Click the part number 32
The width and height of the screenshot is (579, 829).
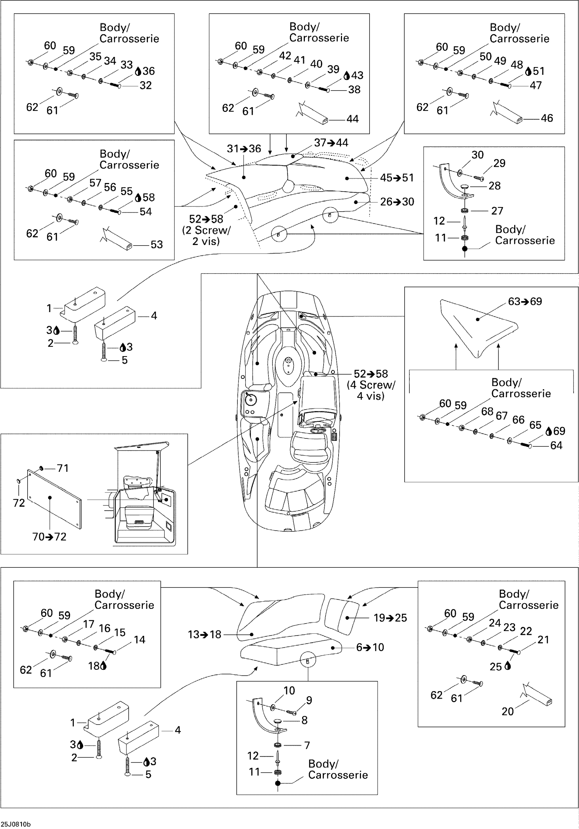pos(146,86)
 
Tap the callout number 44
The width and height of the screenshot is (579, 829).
pos(353,119)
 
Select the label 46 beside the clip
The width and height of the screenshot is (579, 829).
pos(547,118)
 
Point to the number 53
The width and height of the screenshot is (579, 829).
pos(156,245)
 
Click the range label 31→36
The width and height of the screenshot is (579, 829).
pos(244,149)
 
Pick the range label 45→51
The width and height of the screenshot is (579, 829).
pos(397,178)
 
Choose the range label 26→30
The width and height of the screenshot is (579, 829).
pos(397,202)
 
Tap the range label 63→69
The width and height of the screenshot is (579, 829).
pos(525,301)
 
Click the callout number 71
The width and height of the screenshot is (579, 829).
pos(63,468)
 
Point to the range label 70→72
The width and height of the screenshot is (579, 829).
pos(49,537)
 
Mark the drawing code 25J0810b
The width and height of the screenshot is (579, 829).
pos(16,824)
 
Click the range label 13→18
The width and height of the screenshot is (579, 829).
pos(205,634)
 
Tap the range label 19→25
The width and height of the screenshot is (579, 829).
pos(390,618)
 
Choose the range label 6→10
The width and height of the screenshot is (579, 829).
pos(370,647)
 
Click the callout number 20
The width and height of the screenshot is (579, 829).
pos(507,711)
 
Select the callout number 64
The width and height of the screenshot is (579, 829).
pos(556,446)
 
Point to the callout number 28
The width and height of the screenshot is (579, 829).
pos(495,186)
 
